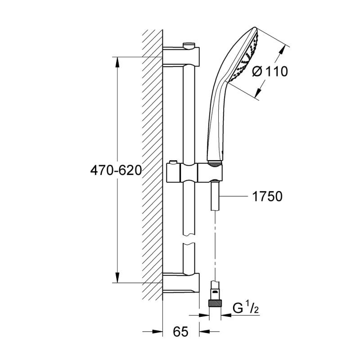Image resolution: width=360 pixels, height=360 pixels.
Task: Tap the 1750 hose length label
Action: [x=267, y=196]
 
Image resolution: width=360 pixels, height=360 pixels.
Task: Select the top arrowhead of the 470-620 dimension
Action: [x=117, y=61]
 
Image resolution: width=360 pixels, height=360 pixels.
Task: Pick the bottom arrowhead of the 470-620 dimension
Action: [x=117, y=278]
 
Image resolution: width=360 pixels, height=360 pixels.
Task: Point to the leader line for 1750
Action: [x=234, y=196]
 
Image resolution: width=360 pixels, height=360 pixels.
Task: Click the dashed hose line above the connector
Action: [x=216, y=243]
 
